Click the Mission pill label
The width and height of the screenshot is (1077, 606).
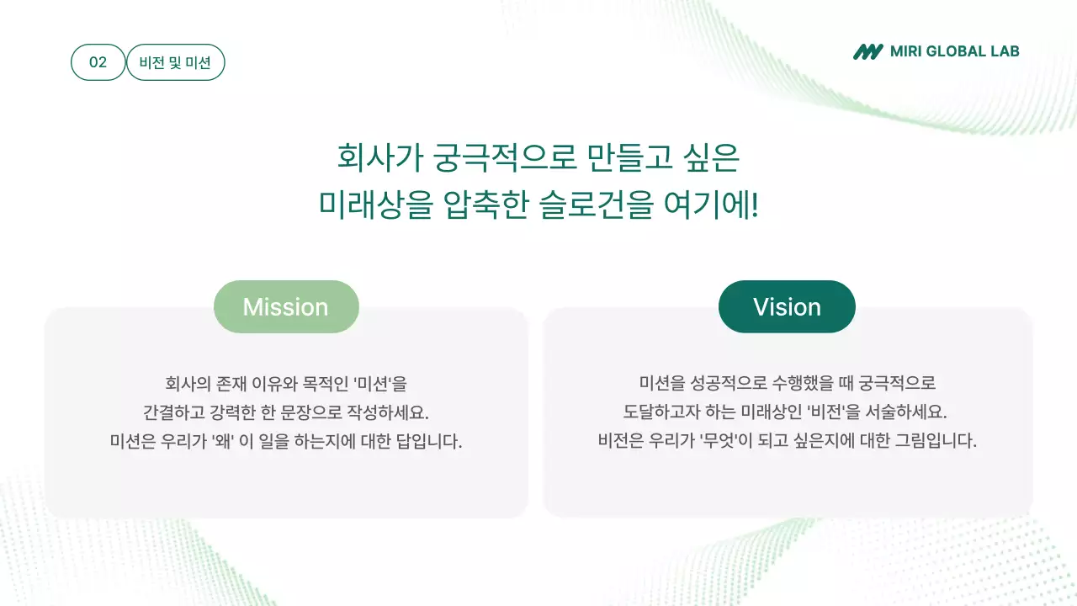point(286,307)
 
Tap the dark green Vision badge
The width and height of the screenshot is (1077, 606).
point(787,307)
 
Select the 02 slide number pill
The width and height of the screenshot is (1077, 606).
point(98,62)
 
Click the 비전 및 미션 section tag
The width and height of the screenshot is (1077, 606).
point(175,62)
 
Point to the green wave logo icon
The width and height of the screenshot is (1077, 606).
point(867,51)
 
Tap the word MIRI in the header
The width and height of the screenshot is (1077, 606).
point(907,51)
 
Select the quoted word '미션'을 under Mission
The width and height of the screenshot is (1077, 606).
point(379,384)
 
